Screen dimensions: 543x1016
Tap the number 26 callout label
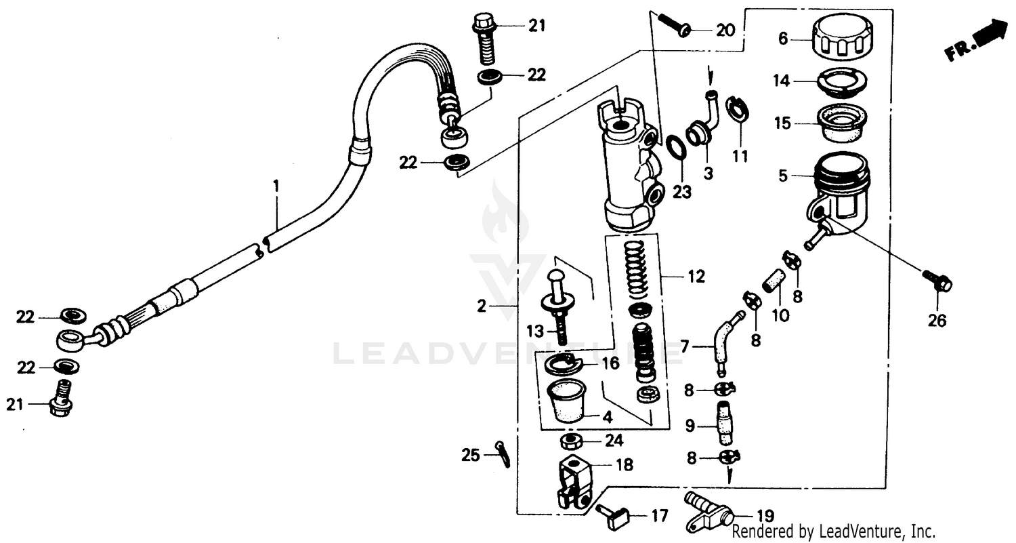937,321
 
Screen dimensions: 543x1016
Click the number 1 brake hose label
276,184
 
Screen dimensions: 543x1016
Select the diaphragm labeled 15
843,123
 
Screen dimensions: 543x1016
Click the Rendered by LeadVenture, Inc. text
833,531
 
